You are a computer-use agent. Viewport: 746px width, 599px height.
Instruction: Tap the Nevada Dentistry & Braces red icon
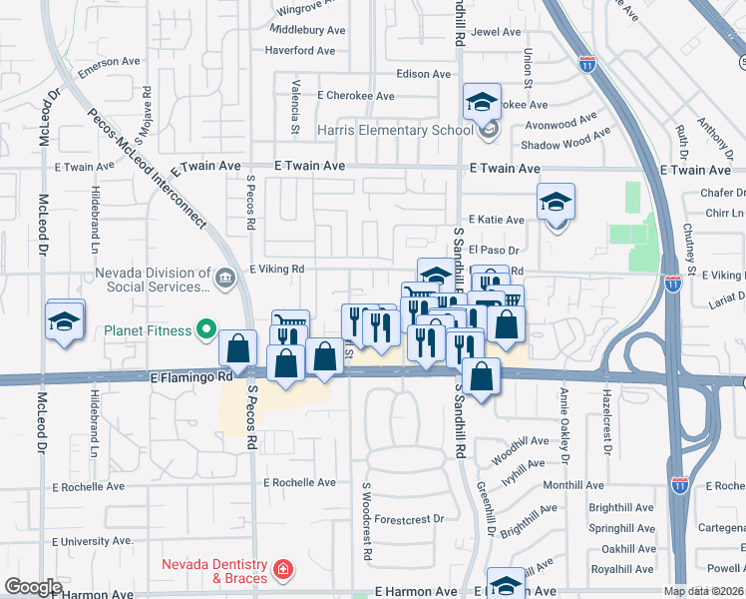pos(284,570)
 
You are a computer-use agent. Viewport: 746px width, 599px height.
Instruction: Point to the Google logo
pos(33,587)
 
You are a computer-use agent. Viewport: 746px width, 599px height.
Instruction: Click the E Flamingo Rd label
pos(190,377)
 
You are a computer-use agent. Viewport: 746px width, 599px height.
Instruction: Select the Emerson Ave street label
pos(111,62)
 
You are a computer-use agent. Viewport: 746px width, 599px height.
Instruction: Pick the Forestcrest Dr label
pos(410,519)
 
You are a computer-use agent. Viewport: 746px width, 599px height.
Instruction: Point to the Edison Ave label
pos(424,74)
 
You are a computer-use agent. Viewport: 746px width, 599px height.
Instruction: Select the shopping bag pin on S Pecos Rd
pos(237,351)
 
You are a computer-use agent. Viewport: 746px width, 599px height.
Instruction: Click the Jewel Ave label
pos(497,32)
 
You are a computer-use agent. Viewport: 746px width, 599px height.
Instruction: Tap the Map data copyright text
pos(703,591)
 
